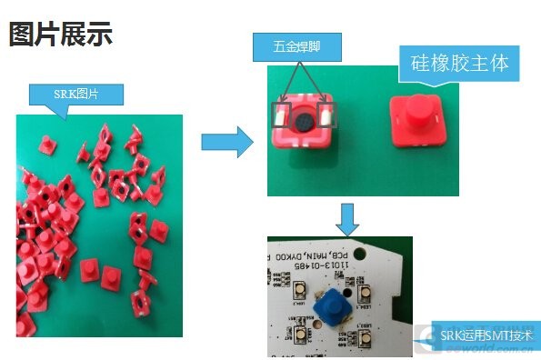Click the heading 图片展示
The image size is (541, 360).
tap(61, 35)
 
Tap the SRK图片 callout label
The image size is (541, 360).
tap(76, 94)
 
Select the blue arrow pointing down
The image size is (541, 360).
tap(348, 217)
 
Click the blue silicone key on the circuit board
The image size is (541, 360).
tap(334, 307)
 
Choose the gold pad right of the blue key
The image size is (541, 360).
tap(364, 293)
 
